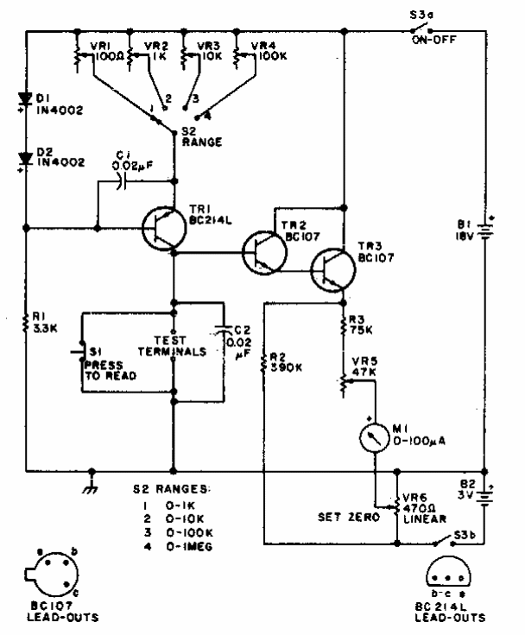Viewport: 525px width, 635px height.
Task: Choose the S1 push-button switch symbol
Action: point(79,354)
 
